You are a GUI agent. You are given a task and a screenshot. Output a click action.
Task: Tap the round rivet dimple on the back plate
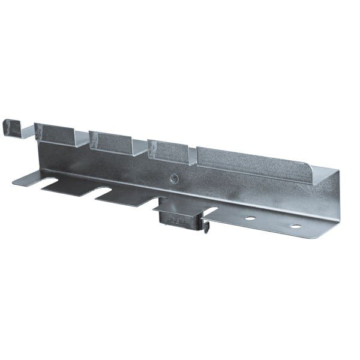click(x=173, y=178)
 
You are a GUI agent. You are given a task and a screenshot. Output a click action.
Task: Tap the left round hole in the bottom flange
click(x=249, y=218)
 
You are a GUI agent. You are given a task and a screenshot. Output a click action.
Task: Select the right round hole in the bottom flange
click(x=295, y=226)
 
